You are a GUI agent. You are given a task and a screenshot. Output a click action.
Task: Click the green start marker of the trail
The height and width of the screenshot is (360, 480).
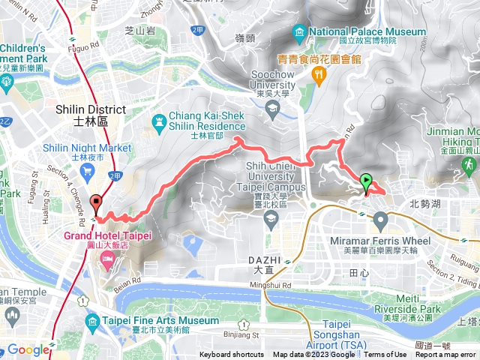(366, 181)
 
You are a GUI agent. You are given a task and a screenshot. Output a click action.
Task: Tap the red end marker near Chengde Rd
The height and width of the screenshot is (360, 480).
(96, 202)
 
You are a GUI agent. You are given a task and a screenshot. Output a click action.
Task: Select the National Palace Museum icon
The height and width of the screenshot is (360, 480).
(300, 32)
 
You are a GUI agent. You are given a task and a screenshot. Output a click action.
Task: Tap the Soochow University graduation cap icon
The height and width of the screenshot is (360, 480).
(271, 107)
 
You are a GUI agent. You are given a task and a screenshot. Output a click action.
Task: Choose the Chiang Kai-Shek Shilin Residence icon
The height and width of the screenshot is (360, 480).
(159, 121)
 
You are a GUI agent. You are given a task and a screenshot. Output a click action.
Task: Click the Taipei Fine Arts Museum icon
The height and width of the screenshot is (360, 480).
(92, 322)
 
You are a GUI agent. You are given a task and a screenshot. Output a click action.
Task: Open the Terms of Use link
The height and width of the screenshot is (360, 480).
(385, 355)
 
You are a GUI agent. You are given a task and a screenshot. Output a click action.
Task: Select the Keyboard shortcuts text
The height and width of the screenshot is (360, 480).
(232, 355)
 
